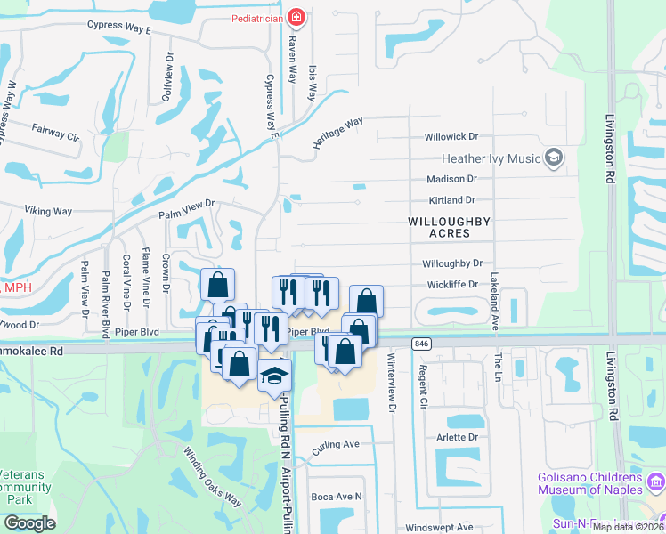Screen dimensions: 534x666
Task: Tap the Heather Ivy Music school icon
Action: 555,158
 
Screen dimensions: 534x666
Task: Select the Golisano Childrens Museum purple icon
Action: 657,482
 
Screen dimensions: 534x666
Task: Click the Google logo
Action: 29,522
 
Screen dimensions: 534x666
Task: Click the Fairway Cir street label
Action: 56,133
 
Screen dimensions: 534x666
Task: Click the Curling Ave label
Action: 336,444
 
